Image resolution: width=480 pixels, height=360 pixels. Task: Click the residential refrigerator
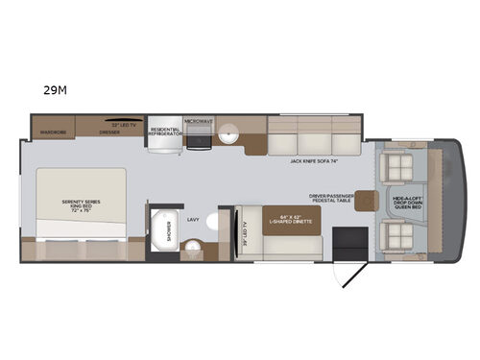163,135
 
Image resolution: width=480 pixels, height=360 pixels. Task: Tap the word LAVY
192,218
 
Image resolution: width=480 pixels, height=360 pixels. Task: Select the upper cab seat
396,164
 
